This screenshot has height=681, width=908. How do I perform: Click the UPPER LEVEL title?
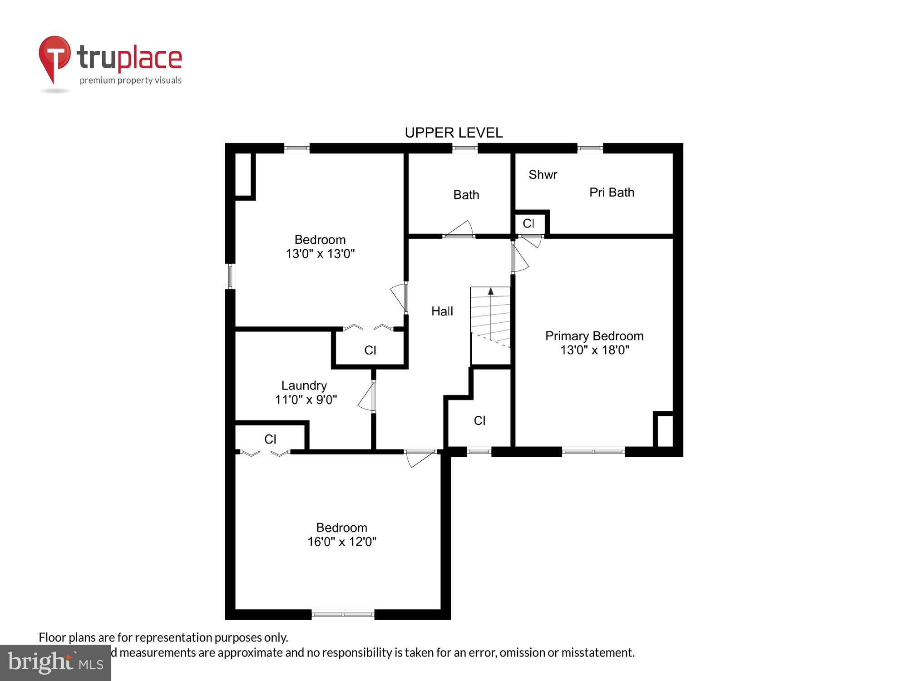[x=454, y=133]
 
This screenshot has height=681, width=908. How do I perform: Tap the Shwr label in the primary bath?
[x=543, y=175]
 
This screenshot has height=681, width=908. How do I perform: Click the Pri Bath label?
[x=612, y=192]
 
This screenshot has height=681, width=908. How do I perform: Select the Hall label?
[x=442, y=311]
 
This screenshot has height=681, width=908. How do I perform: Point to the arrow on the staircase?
[x=490, y=291]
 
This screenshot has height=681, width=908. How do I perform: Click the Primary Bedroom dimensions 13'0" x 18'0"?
[x=594, y=350]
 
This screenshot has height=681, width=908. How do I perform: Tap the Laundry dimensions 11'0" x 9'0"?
[x=306, y=400]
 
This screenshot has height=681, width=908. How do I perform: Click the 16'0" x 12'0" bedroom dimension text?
[x=341, y=542]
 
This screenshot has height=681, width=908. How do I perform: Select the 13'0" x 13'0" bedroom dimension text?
[x=320, y=253]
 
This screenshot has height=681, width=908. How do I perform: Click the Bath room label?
[x=466, y=195]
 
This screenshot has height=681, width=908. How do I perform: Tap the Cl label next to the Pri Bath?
[x=528, y=223]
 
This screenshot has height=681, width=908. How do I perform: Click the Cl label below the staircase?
[x=479, y=421]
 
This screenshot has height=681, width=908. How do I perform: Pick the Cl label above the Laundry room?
[x=370, y=350]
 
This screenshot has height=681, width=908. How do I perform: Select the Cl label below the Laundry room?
[x=270, y=439]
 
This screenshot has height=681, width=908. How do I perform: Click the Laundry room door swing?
[x=366, y=397]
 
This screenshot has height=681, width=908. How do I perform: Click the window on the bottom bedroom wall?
[x=343, y=615]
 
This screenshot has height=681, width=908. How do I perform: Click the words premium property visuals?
[x=131, y=81]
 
